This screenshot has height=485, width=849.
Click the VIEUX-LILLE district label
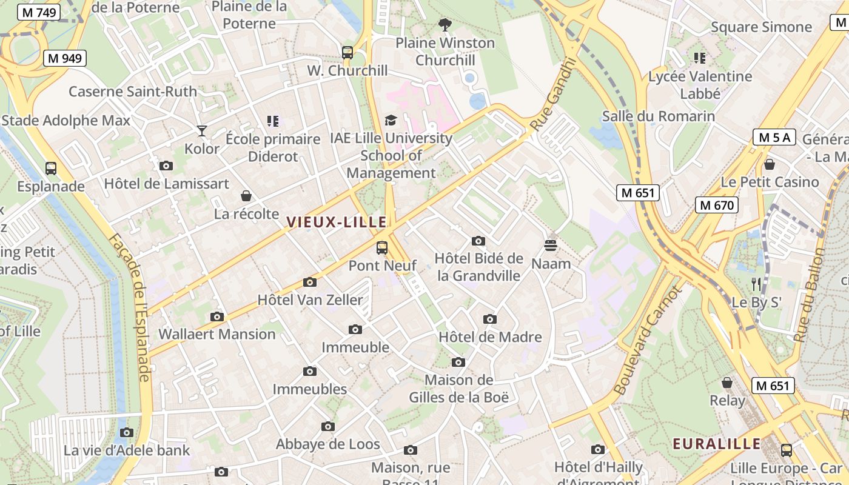(x=337, y=222)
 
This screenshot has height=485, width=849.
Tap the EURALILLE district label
(x=716, y=444)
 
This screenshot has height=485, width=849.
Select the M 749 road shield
(x=38, y=12)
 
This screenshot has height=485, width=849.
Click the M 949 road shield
(x=65, y=58)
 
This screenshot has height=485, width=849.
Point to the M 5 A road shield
(x=774, y=137)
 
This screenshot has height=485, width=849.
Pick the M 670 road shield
(x=716, y=205)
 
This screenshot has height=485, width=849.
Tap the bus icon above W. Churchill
(x=347, y=53)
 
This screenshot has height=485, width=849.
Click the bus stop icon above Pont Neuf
(x=382, y=247)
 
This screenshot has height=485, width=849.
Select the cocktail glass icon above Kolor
(x=202, y=130)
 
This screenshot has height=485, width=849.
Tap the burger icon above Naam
(x=551, y=246)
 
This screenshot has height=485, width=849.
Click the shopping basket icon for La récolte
(x=246, y=196)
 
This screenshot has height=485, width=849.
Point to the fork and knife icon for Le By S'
(x=756, y=283)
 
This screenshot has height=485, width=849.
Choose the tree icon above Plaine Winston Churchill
(x=445, y=25)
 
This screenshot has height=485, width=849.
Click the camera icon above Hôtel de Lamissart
(x=166, y=166)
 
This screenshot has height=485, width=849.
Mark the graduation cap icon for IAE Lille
(x=391, y=120)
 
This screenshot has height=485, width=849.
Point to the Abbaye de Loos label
(x=328, y=444)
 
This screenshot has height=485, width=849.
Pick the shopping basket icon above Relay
(x=727, y=383)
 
